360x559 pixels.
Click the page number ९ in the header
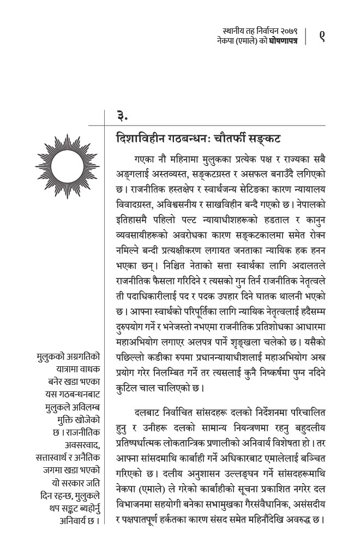pyautogui.click(x=322, y=36)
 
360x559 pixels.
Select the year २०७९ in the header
pyautogui.click(x=286, y=31)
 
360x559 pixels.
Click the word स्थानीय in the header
pyautogui.click(x=233, y=31)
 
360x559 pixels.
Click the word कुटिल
pyautogui.click(x=124, y=389)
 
